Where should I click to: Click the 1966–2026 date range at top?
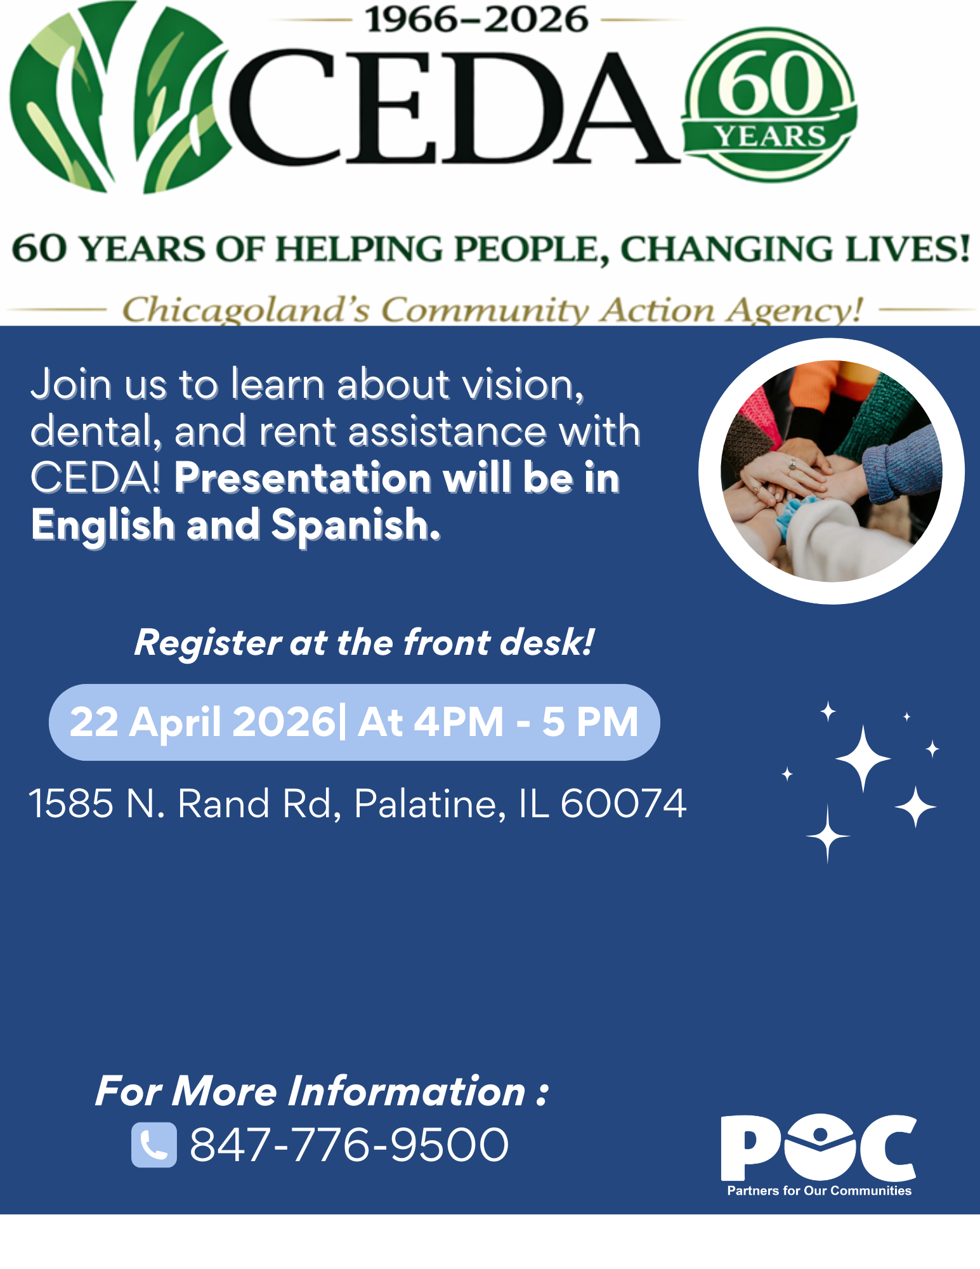pyautogui.click(x=476, y=20)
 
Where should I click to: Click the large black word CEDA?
pyautogui.click(x=454, y=108)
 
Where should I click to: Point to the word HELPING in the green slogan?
pyautogui.click(x=360, y=249)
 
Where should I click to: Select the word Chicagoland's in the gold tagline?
pyautogui.click(x=245, y=310)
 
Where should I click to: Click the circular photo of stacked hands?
pyautogui.click(x=831, y=471)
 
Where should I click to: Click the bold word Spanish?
pyautogui.click(x=355, y=525)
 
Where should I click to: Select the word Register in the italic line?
pyautogui.click(x=208, y=642)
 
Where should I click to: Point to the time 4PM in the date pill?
pyautogui.click(x=459, y=722)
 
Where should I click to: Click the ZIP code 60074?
pyautogui.click(x=623, y=803)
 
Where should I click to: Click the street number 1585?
pyautogui.click(x=71, y=803)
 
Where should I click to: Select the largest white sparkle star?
pyautogui.click(x=863, y=758)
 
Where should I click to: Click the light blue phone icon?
pyautogui.click(x=154, y=1145)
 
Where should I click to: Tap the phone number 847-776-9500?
pyautogui.click(x=349, y=1145)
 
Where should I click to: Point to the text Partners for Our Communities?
pyautogui.click(x=819, y=1191)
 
